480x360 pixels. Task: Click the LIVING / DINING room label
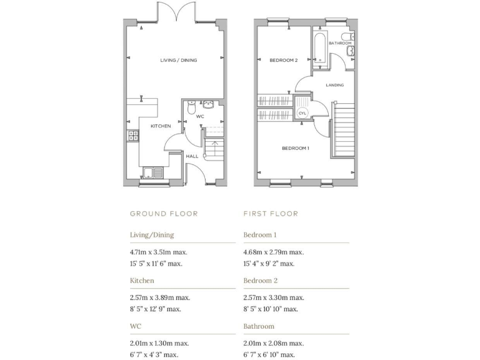tap(178, 60)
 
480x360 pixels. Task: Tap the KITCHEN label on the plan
tap(161, 126)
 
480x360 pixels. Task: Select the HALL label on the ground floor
tap(192, 156)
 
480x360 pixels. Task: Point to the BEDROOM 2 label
tap(283, 60)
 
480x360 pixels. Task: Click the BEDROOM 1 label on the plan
tap(296, 148)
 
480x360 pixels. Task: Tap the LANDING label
tap(334, 85)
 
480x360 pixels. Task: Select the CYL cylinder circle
tap(302, 112)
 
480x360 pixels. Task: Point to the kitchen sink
tap(152, 173)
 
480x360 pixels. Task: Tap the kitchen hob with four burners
tap(132, 135)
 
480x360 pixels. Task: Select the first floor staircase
tap(342, 131)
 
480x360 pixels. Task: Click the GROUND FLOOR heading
tap(164, 214)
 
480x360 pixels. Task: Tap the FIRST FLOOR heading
tap(271, 214)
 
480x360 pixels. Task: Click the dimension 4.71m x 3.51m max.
tap(159, 252)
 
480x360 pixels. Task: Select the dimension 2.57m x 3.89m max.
tap(159, 297)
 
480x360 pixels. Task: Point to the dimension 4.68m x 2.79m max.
tap(273, 252)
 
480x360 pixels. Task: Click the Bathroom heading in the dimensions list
tap(259, 326)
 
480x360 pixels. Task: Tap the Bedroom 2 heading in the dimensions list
tap(261, 281)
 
